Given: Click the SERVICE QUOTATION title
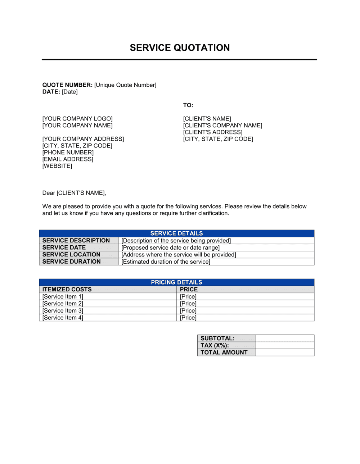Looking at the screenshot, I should tap(180, 48).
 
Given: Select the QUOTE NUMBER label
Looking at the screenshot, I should tap(67, 85).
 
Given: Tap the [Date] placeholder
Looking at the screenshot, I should tap(70, 92).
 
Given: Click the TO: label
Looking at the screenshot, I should tap(188, 105).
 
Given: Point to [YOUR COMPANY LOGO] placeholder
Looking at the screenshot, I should tap(77, 119).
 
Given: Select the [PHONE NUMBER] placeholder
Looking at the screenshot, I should tap(68, 153).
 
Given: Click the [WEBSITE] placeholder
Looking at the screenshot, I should tap(57, 166).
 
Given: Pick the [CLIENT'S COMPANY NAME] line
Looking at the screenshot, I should tap(222, 126).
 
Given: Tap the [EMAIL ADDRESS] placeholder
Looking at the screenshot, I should tap(68, 159).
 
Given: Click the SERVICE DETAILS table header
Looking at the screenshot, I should tap(176, 233).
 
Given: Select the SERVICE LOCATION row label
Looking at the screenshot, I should tap(71, 255).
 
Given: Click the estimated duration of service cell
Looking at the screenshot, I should tap(166, 262).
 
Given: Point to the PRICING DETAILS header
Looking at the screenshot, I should tap(176, 282).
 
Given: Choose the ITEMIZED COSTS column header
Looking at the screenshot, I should tap(67, 290).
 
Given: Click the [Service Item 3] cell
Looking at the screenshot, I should tap(63, 311).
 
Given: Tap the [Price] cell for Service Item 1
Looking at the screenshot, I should tap(188, 297).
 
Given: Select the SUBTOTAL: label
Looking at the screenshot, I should tap(217, 338).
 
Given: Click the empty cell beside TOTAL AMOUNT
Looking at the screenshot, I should tap(285, 352).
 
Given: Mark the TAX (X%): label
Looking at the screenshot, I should tap(215, 346).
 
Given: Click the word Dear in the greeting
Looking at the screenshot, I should tap(49, 193).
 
